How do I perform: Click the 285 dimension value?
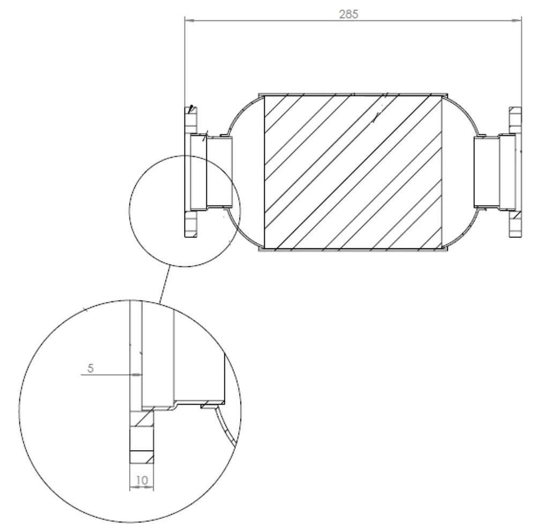[x=348, y=14]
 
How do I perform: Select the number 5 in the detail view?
[x=90, y=368]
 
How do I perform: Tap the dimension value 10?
[x=142, y=480]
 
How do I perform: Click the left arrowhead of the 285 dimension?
[x=189, y=20]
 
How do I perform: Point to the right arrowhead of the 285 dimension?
[x=517, y=20]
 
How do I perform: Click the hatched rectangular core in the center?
[x=353, y=172]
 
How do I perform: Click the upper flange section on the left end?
[x=191, y=120]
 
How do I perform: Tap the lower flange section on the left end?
[x=191, y=224]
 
